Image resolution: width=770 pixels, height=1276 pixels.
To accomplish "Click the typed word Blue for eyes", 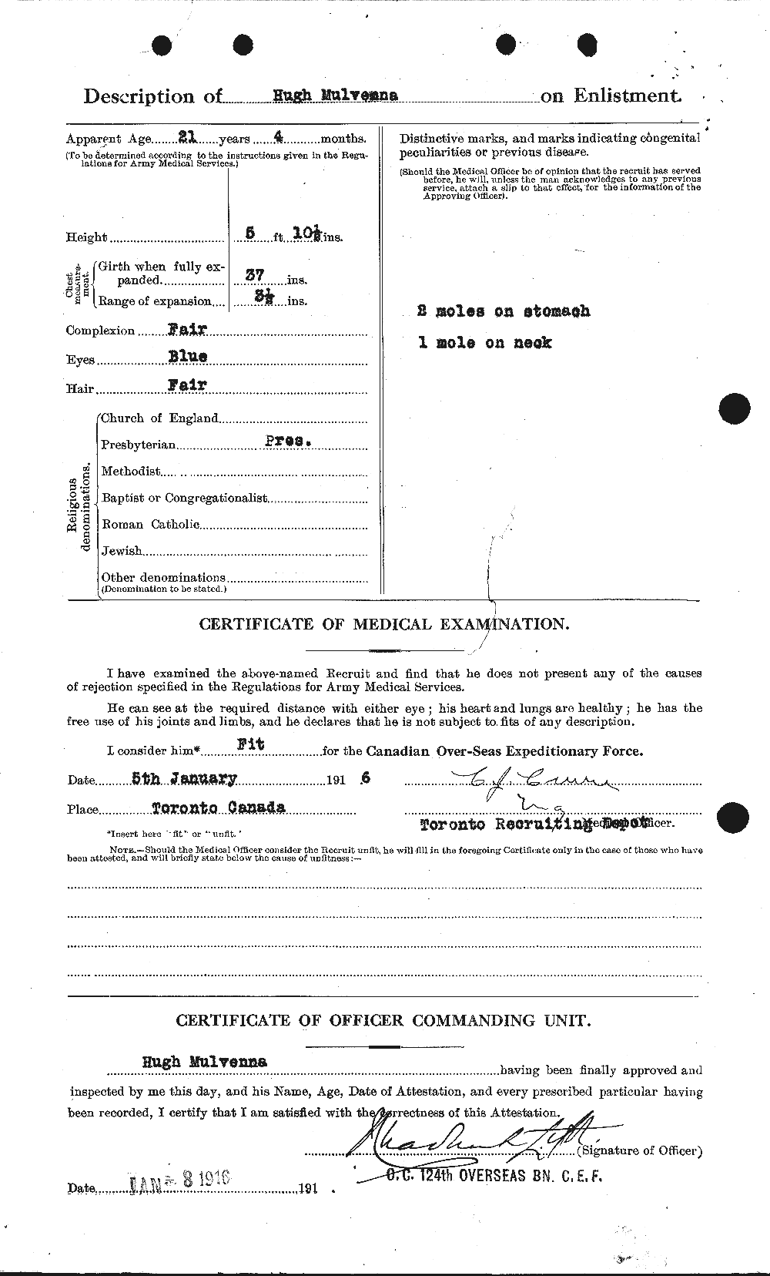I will click(189, 358).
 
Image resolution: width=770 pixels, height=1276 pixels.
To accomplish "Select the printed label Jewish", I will click(122, 550).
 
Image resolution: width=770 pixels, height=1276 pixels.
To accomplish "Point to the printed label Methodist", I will click(131, 471).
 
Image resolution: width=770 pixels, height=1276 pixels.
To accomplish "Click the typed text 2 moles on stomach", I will click(504, 311).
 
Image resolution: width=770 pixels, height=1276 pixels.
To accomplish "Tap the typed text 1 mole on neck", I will click(485, 343).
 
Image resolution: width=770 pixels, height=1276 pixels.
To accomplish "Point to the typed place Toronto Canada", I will click(217, 808).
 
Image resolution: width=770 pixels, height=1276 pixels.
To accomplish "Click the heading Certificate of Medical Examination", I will click(384, 624).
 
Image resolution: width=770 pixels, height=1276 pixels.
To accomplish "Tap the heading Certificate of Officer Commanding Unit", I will click(383, 1021).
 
